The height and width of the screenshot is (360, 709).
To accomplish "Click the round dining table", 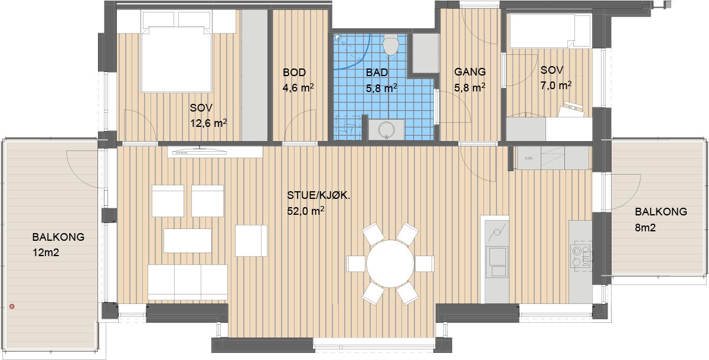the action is pos(390,264).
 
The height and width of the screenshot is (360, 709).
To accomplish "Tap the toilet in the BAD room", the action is pos(391,47).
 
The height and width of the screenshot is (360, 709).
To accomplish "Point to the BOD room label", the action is pos(295,73).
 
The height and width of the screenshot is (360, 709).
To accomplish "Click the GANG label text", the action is pos(470,72).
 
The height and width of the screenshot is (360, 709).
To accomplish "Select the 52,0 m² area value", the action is pos(305,211).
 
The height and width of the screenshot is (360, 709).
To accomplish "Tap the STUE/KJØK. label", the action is pos(318,195).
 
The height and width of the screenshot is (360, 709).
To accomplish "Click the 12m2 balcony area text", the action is pos(46,253).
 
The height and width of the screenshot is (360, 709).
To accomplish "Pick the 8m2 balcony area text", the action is pos(645,227).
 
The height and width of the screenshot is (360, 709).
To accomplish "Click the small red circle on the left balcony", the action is pos(12,306).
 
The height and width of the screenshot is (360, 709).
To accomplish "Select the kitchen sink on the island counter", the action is pos(498,261).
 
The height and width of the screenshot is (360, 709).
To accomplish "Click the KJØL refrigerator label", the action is pos(528,158).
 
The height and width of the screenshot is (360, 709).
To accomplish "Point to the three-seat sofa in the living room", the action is pos(188,282).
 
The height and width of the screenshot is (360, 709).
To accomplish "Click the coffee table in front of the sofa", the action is pos(188,241).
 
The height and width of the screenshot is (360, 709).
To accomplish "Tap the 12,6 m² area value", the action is pos(208,123).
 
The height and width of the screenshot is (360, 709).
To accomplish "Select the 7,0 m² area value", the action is pos(556,85).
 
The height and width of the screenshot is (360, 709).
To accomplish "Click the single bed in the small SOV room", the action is pos(550,31).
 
